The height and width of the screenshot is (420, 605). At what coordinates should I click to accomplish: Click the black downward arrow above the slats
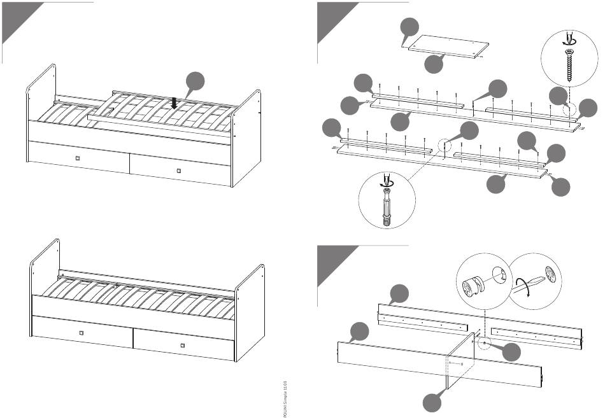[x=174, y=102]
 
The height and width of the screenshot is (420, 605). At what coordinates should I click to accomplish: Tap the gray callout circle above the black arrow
[x=196, y=82]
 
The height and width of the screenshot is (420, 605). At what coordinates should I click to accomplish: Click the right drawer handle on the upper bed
[x=179, y=171]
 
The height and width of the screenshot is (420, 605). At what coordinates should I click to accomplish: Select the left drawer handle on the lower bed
[x=81, y=332]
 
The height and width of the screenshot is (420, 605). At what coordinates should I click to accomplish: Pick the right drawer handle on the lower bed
[x=183, y=346]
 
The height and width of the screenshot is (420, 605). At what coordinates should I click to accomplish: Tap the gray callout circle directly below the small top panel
[x=434, y=63]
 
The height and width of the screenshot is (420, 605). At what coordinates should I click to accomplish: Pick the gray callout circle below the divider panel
[x=434, y=402]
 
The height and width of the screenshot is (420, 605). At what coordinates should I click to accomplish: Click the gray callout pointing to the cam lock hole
[x=510, y=352]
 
